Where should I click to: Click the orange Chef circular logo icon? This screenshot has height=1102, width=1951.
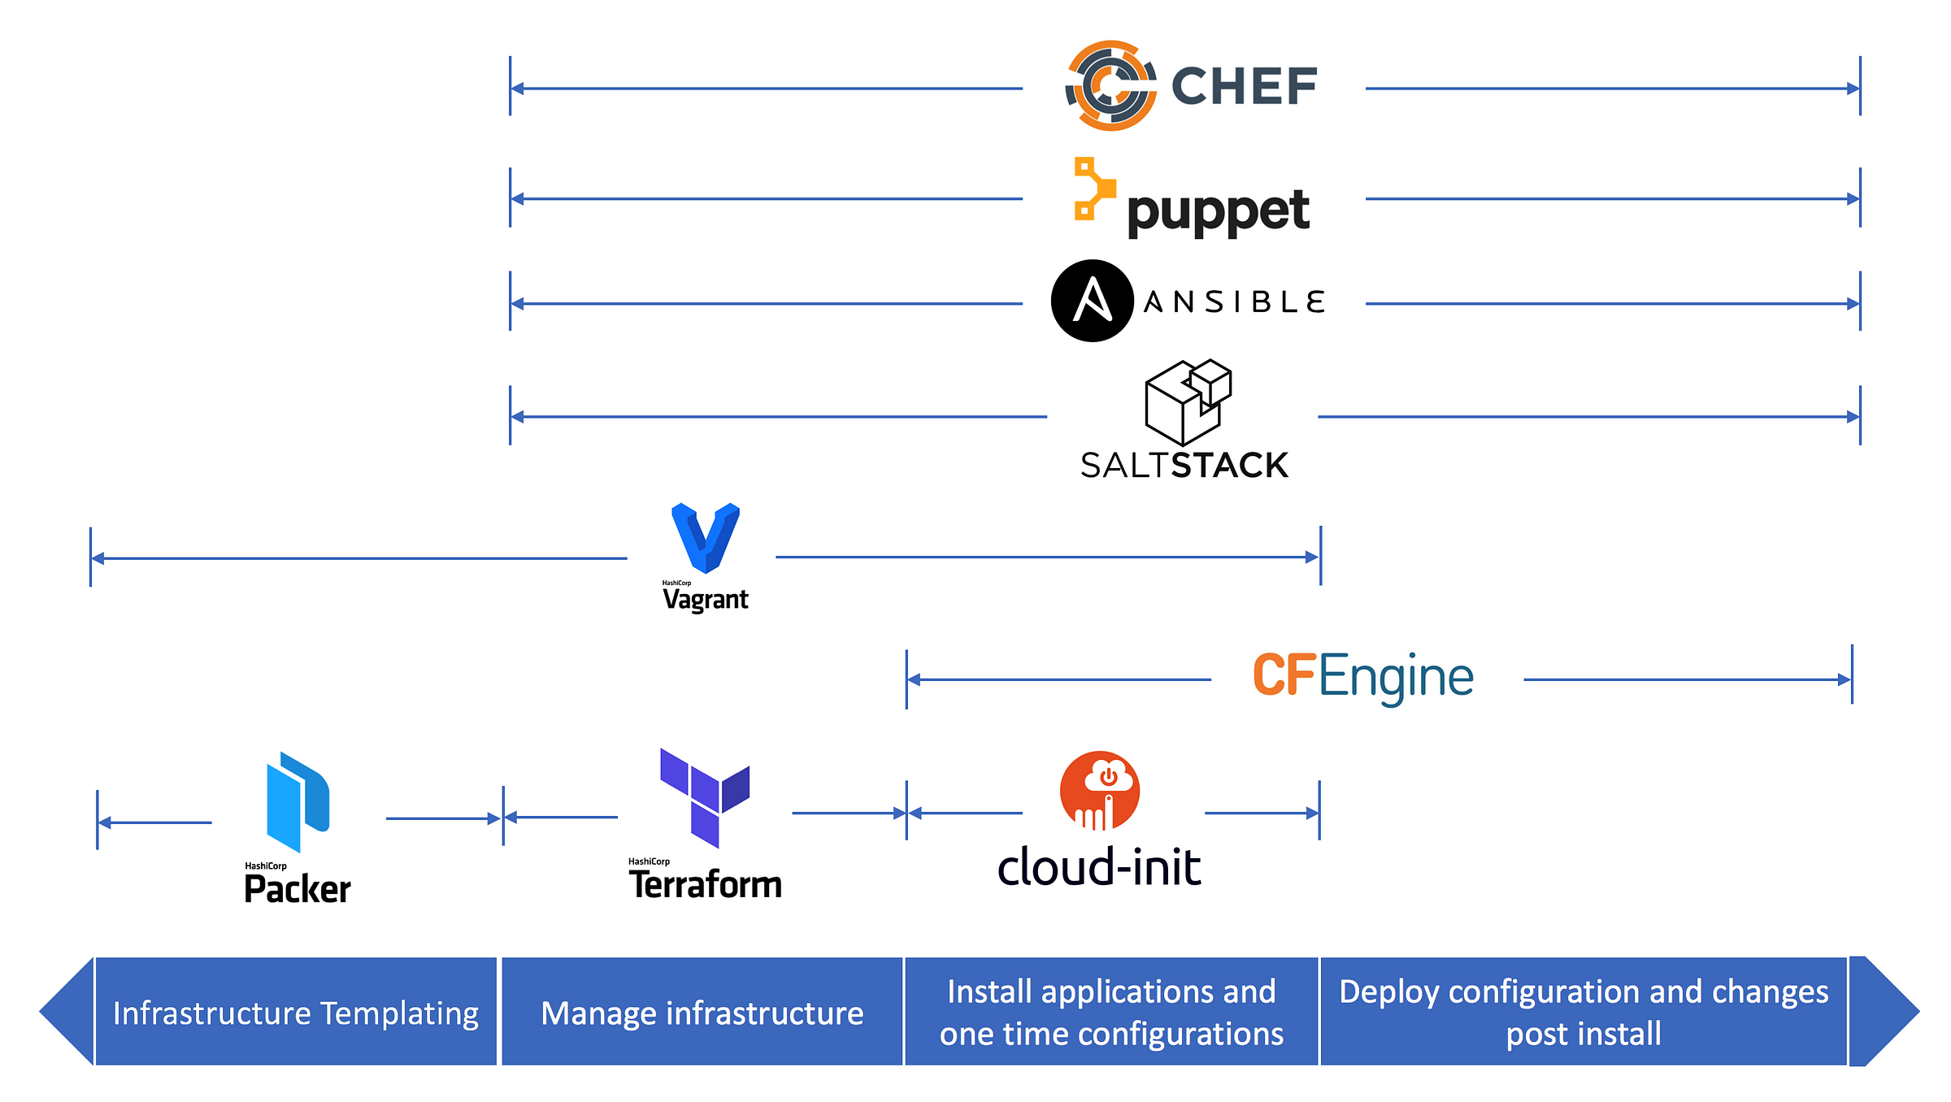1111,85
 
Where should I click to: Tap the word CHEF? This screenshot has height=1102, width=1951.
1244,86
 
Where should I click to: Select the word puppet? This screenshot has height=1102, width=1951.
1218,211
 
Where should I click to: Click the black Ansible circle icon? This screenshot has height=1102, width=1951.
1092,301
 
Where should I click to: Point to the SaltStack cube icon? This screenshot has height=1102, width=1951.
1187,402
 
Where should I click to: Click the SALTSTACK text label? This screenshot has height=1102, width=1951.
1184,466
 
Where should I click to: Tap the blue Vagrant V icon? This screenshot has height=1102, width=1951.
705,537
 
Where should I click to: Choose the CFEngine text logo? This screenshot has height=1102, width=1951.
1362,677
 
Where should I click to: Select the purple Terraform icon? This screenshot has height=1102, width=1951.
705,796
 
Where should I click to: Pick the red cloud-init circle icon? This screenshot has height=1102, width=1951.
1100,791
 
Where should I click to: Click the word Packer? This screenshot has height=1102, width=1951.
298,889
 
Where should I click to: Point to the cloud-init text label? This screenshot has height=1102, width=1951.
1099,867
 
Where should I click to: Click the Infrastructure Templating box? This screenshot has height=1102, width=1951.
296,1013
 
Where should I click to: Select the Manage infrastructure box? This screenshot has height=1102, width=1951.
702,1013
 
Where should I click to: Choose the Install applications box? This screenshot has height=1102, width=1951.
1111,1013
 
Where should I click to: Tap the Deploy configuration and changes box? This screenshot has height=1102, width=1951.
1584,1013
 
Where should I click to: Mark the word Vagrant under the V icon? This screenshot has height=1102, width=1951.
705,600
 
